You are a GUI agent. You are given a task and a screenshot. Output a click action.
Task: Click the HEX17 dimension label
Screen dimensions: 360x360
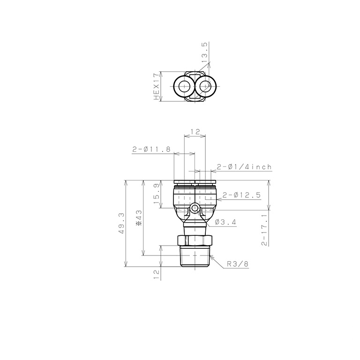coord(157,87)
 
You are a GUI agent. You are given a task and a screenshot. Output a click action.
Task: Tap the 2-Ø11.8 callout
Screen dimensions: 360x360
coord(151,150)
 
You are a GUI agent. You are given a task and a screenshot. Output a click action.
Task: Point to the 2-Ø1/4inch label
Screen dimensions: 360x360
coord(244,167)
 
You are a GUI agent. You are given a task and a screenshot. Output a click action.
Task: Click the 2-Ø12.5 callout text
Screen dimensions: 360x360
coord(241,195)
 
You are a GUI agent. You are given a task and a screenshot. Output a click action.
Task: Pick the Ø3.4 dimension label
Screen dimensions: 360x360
coord(225,222)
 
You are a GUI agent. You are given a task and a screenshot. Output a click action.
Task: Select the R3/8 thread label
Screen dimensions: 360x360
coord(238,264)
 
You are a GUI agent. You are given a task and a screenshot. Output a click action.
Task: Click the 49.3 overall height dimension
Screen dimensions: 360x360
coord(122,223)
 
